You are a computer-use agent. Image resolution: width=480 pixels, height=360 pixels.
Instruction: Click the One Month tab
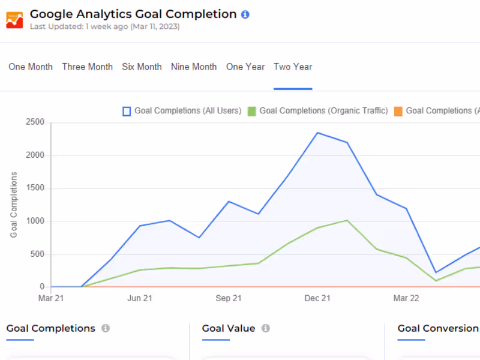point(31,67)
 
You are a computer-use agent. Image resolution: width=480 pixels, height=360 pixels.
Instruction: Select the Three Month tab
point(88,67)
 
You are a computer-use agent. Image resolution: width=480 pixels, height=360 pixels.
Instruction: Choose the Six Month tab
point(142,67)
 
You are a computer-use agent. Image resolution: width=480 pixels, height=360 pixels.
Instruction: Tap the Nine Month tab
point(194,67)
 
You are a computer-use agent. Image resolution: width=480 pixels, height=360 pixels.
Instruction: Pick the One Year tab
point(245,67)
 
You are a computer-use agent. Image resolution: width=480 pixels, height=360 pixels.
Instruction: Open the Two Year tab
point(293,67)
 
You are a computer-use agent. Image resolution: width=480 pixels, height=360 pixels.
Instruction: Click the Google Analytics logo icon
point(14,20)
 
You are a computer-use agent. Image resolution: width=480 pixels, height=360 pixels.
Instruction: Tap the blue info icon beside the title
point(245,14)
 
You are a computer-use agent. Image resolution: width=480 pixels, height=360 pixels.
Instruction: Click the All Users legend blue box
point(127,111)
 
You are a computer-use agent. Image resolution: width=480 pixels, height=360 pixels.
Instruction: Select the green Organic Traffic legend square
point(251,111)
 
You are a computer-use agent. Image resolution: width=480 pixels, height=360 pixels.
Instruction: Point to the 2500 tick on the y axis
point(35,122)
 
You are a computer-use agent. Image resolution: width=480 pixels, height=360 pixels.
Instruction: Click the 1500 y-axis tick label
point(35,188)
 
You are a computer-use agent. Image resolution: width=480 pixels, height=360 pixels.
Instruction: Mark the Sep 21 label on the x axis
point(229,298)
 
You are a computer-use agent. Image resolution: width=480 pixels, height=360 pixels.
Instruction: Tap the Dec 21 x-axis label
point(317,298)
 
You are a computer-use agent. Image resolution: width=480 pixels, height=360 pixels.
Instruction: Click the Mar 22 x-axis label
point(406,298)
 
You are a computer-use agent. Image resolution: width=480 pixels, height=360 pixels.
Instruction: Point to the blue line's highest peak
point(318,133)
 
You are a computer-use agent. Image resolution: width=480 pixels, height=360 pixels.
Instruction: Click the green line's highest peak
point(347,220)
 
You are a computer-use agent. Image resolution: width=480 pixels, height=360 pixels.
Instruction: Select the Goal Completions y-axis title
point(13,205)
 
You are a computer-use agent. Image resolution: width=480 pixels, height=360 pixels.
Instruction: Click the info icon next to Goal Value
point(266,328)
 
